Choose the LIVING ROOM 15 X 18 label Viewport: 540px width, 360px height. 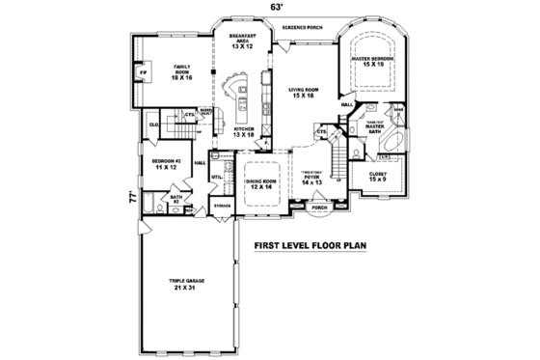[304, 94]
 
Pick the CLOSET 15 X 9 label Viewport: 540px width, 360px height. [377, 177]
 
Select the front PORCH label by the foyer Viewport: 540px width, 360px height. [317, 207]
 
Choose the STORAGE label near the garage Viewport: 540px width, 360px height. [221, 206]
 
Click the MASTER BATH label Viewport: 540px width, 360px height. [375, 125]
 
